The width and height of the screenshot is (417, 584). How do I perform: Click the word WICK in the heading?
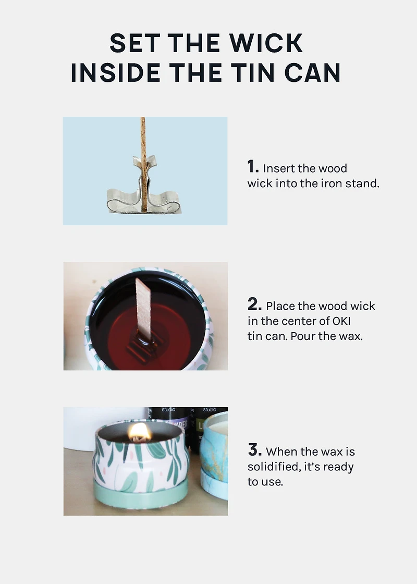266,43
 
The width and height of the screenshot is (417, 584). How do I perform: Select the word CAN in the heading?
312,72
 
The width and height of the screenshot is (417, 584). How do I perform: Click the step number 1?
253,166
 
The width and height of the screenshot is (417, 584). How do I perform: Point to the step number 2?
255,304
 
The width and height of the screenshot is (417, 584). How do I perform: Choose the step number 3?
255,449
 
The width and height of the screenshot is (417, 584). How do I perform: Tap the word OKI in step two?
341,321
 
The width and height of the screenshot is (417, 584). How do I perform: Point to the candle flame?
139,432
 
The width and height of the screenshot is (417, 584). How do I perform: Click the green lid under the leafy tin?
140,494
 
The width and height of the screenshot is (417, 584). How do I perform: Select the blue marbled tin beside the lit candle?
215,456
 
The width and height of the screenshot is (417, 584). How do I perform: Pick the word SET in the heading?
135,43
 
